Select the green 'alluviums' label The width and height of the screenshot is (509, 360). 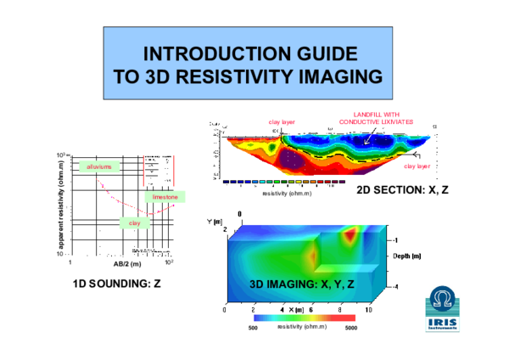[x=98, y=167]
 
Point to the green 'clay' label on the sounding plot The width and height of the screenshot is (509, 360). [x=133, y=222]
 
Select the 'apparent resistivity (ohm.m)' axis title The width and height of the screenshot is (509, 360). [x=62, y=204]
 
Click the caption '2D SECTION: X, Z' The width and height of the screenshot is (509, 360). [x=401, y=188]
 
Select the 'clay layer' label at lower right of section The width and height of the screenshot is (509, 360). [x=417, y=166]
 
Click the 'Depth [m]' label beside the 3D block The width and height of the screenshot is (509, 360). [x=410, y=255]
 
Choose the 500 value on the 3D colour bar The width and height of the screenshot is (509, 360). [x=252, y=326]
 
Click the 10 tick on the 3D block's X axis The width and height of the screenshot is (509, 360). [x=368, y=312]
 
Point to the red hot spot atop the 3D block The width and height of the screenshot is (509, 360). [x=349, y=234]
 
